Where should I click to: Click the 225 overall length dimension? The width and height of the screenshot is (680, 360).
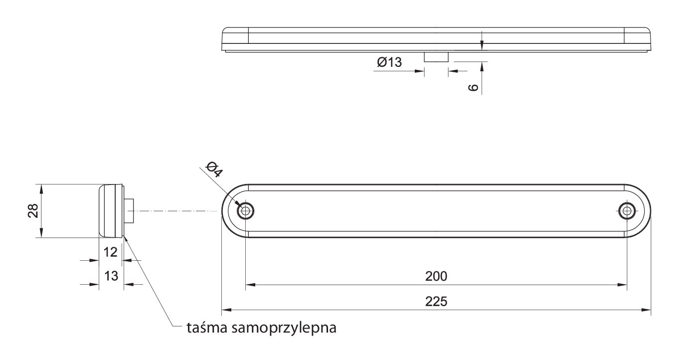click(436, 302)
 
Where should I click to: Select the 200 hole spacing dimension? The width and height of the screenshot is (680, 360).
click(436, 276)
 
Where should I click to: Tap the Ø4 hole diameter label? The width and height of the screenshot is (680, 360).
click(214, 170)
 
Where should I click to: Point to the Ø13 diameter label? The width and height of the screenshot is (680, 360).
click(389, 62)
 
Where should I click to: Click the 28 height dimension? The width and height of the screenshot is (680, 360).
click(33, 210)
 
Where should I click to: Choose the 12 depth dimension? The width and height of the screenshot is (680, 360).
click(111, 252)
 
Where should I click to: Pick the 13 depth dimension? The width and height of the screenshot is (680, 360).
click(111, 276)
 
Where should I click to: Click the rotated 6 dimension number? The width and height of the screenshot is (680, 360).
click(473, 88)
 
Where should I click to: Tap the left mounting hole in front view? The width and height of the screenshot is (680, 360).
click(245, 210)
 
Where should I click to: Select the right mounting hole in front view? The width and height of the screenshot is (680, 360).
click(627, 210)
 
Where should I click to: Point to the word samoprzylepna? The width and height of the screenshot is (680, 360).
click(284, 328)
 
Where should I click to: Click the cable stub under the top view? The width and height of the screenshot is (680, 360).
click(436, 57)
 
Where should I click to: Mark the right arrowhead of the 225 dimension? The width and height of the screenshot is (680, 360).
click(646, 310)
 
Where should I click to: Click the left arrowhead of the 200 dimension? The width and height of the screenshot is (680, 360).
click(250, 285)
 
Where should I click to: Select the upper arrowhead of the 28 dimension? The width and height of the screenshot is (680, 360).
click(41, 189)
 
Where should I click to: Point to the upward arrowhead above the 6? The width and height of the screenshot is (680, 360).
click(482, 67)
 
